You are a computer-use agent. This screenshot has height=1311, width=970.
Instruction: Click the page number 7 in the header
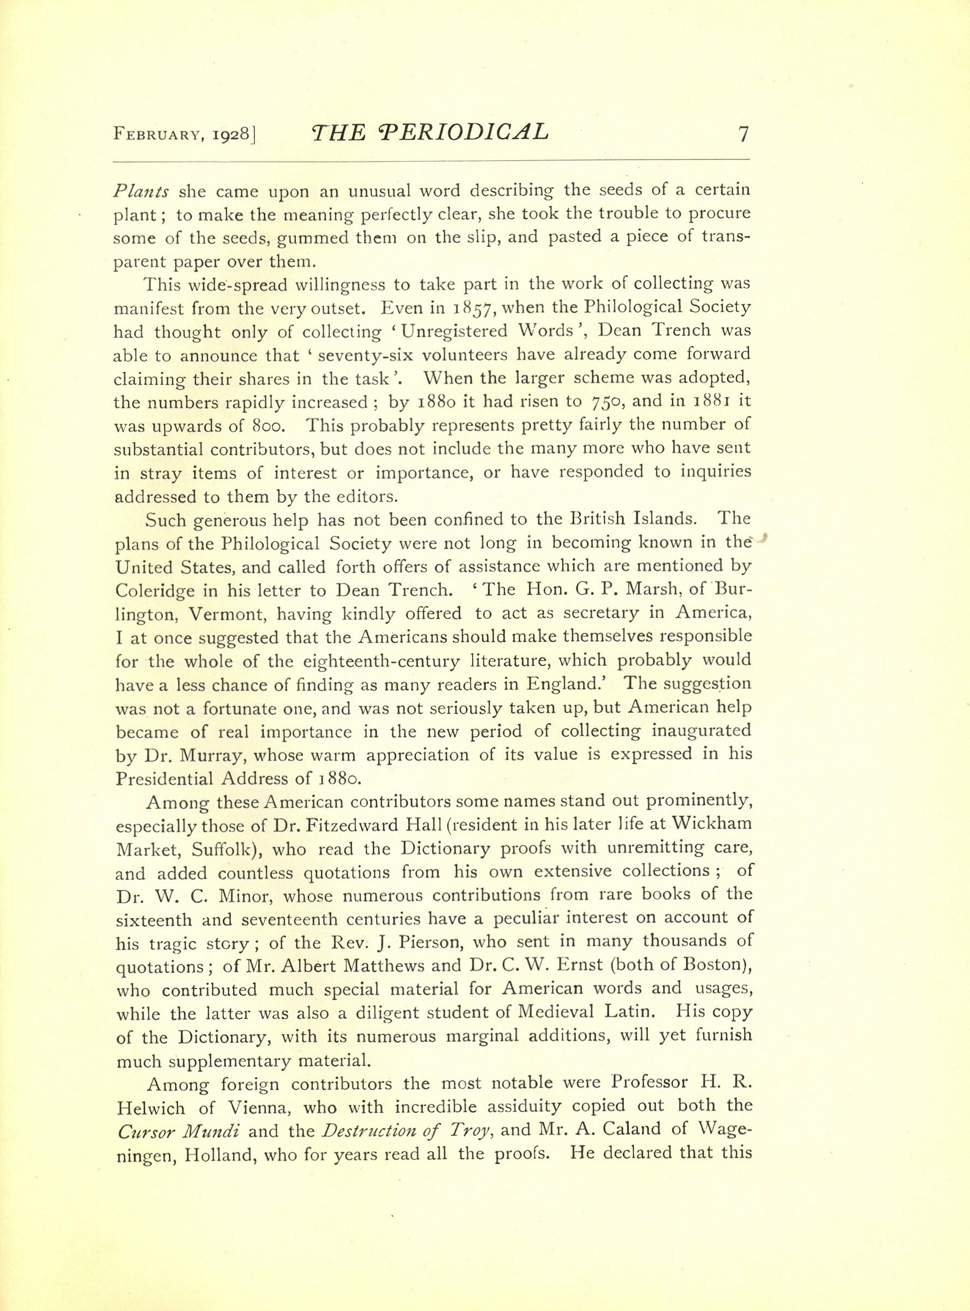(743, 134)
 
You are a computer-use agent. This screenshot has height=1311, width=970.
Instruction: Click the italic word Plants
(141, 191)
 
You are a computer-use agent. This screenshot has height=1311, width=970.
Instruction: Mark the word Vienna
(230, 1109)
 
